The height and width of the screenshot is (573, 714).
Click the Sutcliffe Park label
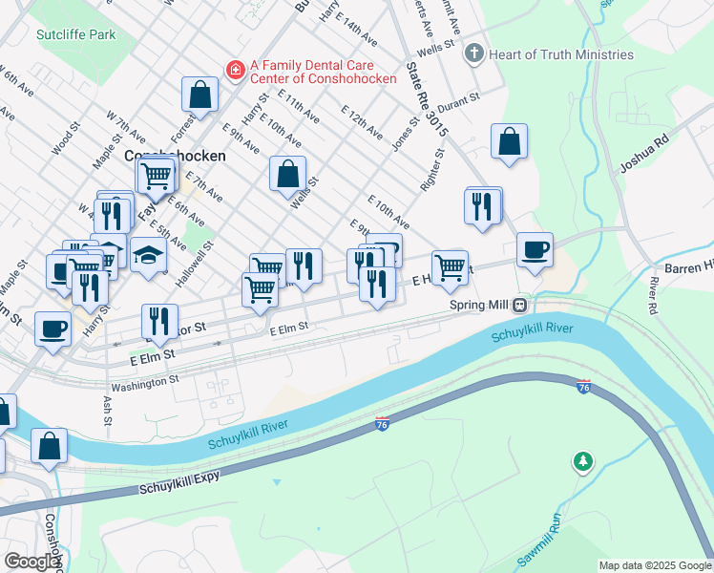(x=75, y=34)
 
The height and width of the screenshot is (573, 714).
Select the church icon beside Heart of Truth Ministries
(x=473, y=53)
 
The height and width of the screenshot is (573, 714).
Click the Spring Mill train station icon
(x=520, y=306)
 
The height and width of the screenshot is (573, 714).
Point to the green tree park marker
(x=582, y=463)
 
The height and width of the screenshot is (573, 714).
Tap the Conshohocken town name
(x=175, y=155)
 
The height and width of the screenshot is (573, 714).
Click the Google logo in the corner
(x=31, y=562)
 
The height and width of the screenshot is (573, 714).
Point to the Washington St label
(x=144, y=384)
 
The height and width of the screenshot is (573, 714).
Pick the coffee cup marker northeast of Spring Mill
(x=535, y=250)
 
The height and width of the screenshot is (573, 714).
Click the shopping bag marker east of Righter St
(x=510, y=142)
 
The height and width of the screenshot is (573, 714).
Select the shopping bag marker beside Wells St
(x=287, y=174)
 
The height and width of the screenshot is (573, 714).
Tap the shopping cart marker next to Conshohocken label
(x=156, y=175)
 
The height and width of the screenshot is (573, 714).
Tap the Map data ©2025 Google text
(x=654, y=565)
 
